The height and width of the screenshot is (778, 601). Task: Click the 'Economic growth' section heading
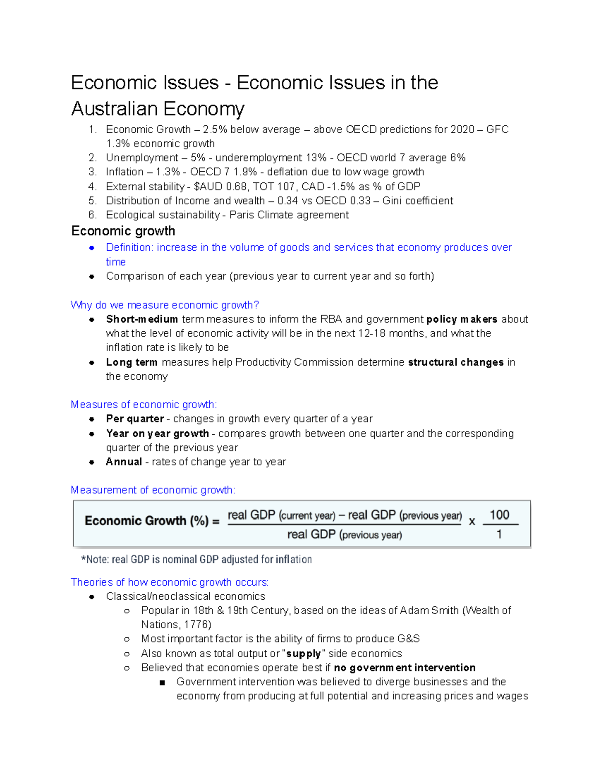123,231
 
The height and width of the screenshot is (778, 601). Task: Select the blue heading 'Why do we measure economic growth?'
165,305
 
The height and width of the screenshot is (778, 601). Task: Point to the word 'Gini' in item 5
392,201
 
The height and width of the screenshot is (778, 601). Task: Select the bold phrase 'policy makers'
462,319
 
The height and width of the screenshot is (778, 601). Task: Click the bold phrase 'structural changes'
456,362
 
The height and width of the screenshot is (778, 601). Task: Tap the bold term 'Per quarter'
135,419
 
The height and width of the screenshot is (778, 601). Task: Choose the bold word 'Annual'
124,462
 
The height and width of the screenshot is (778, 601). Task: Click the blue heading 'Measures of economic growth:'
144,404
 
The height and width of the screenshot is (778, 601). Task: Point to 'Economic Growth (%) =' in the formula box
152,521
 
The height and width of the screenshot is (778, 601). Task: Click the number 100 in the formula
499,515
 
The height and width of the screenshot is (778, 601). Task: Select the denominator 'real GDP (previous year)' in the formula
345,535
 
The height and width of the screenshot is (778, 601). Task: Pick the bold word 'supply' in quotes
303,653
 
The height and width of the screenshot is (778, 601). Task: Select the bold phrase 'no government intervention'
404,668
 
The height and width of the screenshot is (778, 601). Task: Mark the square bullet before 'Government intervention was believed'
162,682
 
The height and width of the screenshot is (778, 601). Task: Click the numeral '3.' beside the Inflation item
92,172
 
